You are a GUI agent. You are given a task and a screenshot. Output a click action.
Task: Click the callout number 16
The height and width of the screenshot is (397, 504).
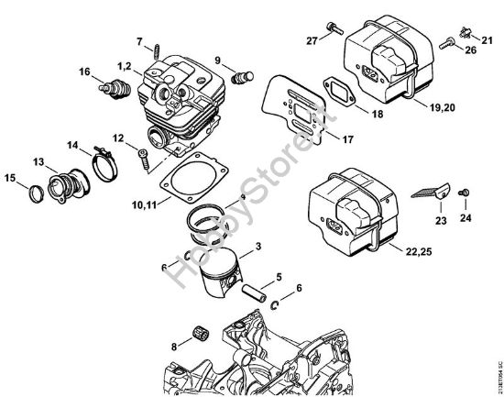[84, 72]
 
